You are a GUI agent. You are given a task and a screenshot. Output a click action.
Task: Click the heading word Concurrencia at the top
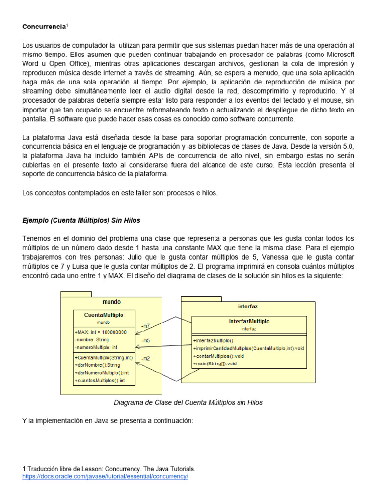click(x=43, y=26)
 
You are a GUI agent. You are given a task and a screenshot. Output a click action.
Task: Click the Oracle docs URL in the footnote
click(x=105, y=476)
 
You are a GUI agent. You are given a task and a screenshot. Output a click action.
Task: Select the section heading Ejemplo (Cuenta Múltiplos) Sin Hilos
click(x=81, y=220)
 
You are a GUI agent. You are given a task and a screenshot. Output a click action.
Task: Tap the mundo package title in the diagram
click(x=111, y=302)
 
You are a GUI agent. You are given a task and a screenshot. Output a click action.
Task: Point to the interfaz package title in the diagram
click(x=247, y=306)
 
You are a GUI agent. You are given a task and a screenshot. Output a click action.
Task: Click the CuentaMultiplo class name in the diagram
click(x=104, y=315)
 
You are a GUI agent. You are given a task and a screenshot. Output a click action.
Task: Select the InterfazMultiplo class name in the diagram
click(x=249, y=321)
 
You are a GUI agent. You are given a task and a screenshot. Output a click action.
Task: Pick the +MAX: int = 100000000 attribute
click(x=101, y=332)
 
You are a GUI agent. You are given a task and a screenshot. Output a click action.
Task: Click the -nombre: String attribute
click(x=92, y=339)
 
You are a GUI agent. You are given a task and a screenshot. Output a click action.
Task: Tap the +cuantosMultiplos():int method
click(x=99, y=380)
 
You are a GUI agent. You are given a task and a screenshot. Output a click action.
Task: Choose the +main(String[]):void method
click(x=215, y=363)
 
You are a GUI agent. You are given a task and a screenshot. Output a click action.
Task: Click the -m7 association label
click(x=145, y=326)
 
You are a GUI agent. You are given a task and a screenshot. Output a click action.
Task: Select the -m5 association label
click(x=145, y=340)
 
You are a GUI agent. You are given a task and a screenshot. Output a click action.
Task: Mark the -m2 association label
click(x=145, y=358)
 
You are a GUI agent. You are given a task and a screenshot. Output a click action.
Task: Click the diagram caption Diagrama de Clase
click(x=188, y=402)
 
